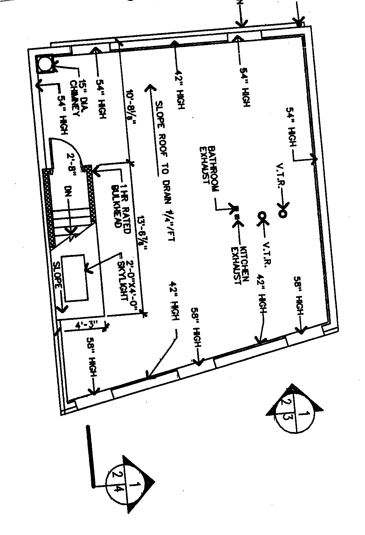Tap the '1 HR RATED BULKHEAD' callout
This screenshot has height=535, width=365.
coord(120,207)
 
